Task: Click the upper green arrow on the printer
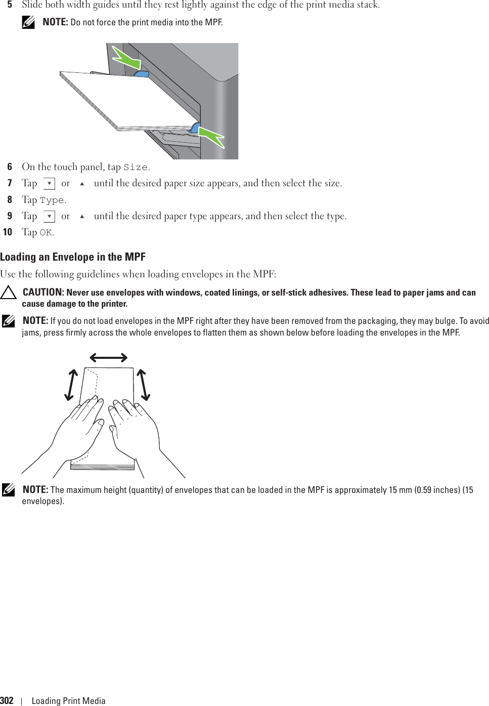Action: tap(126, 57)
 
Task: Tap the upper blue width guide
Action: tap(141, 74)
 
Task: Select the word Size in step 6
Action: tap(136, 168)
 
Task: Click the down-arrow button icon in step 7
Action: tap(50, 183)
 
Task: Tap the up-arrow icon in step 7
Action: tap(82, 183)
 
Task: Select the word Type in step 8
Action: tap(52, 200)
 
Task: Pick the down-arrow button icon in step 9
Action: tap(50, 216)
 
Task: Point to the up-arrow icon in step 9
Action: tap(82, 216)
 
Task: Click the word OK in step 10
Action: tap(46, 233)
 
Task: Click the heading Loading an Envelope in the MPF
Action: tap(73, 257)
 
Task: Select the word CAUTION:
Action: tap(43, 293)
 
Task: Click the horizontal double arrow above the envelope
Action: tap(108, 358)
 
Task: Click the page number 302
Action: tap(7, 700)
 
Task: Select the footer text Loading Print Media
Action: tap(68, 701)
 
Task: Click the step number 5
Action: tap(10, 5)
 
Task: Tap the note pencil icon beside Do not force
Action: tap(29, 23)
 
